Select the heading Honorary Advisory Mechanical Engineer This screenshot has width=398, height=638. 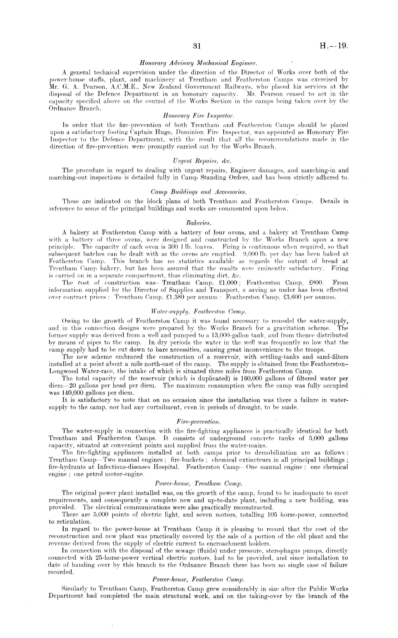tap(198, 63)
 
